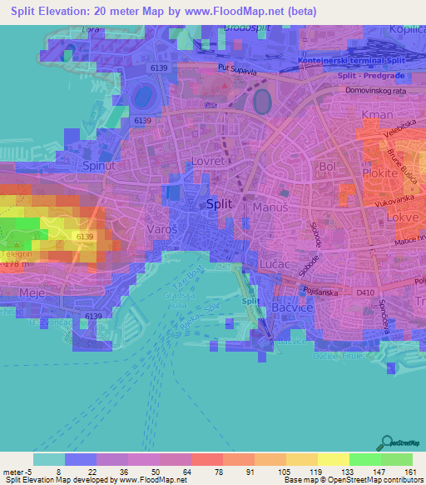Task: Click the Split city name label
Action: tap(220, 204)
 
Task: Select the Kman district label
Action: tap(377, 114)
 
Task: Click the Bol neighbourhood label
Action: tap(328, 167)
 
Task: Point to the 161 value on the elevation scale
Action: tap(409, 471)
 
